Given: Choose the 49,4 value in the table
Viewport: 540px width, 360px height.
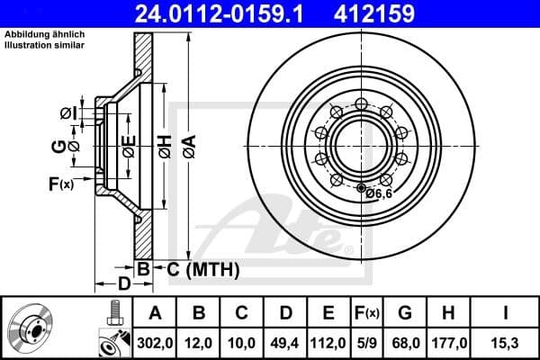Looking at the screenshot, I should coord(286,343).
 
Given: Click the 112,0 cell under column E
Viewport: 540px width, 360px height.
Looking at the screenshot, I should coord(328,343).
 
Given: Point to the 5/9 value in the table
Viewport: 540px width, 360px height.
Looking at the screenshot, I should coord(367,343).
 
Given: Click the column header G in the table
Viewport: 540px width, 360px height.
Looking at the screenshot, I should coord(405,314).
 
